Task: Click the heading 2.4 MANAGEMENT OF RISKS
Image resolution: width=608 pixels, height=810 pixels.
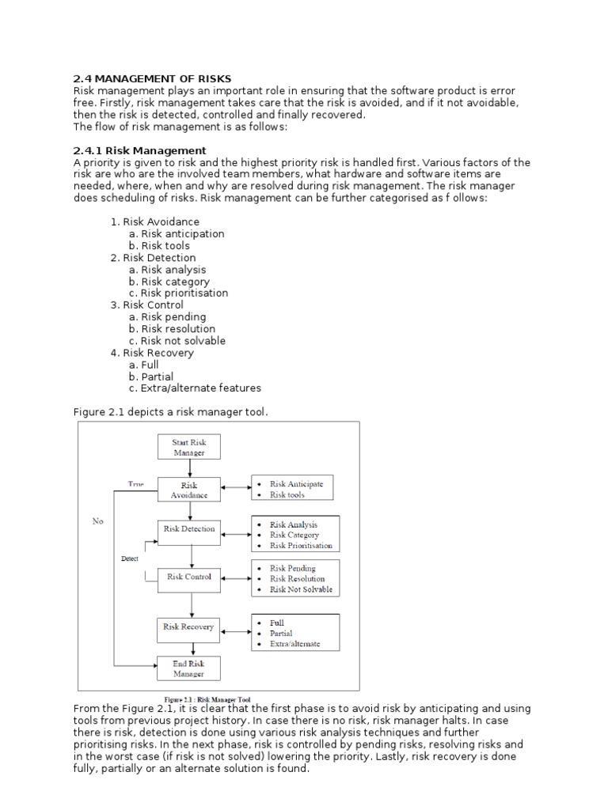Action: (x=152, y=78)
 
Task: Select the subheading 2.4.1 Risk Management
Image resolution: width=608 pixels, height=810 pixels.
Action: (x=139, y=150)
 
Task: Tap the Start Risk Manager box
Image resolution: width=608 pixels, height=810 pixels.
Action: (x=188, y=447)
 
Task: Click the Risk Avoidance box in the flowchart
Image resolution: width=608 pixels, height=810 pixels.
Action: (x=189, y=490)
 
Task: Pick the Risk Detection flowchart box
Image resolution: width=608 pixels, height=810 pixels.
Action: (x=189, y=529)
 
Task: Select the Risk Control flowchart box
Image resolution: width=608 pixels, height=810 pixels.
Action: (x=189, y=577)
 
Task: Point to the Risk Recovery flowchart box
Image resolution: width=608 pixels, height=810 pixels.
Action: (x=188, y=627)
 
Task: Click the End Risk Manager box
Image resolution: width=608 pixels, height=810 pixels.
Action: (x=188, y=668)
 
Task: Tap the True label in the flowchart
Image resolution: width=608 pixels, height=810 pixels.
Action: (x=136, y=483)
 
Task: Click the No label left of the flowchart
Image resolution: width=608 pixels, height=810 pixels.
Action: (x=97, y=521)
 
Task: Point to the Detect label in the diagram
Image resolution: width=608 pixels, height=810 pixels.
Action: (x=129, y=558)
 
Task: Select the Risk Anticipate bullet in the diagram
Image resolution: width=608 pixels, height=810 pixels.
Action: (x=296, y=484)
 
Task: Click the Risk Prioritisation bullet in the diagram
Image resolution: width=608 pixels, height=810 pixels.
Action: (x=301, y=546)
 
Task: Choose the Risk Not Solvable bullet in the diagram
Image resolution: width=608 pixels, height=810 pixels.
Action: (x=301, y=589)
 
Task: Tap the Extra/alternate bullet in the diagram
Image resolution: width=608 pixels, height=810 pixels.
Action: (x=294, y=644)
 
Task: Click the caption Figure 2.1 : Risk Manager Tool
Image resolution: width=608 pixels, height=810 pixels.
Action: (x=207, y=699)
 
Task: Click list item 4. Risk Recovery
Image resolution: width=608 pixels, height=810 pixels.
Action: (x=152, y=353)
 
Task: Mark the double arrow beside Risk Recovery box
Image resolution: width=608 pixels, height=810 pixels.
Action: (x=236, y=631)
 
